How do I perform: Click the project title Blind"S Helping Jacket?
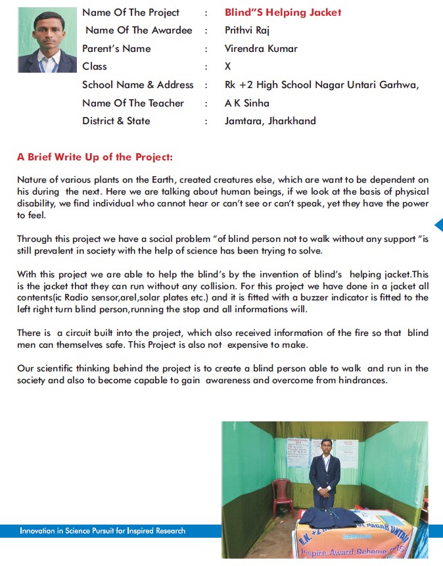tap(283, 12)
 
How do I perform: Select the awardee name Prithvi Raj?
tap(247, 30)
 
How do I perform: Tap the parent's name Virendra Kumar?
tap(261, 49)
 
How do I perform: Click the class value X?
tap(228, 66)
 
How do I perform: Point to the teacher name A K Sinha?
tap(246, 103)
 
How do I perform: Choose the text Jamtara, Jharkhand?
tap(270, 121)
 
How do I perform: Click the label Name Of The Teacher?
tap(133, 103)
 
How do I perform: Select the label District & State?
tap(116, 121)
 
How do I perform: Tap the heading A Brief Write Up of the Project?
tap(95, 157)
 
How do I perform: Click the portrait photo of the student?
tap(47, 39)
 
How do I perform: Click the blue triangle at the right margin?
tap(438, 225)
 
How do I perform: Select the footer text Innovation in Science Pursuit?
tap(103, 531)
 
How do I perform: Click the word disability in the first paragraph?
tap(37, 204)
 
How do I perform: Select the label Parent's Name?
tap(116, 49)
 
